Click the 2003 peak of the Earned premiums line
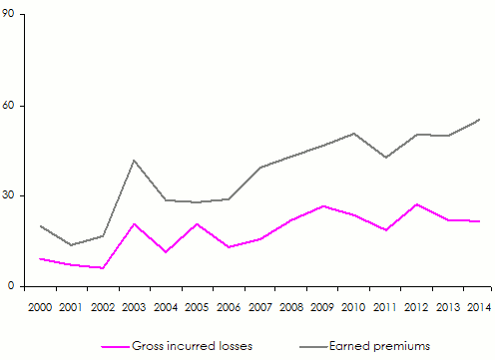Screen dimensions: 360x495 [134, 160]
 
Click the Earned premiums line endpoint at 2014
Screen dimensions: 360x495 [480, 120]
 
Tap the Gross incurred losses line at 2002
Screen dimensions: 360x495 [103, 268]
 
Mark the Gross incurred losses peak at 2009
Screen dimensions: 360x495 [322, 206]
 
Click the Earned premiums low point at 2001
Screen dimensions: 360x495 [71, 245]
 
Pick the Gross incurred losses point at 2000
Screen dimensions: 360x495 [40, 258]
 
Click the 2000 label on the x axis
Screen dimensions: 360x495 [40, 306]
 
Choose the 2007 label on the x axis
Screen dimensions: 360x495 [259, 306]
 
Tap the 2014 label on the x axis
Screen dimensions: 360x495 [480, 306]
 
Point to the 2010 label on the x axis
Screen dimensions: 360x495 [354, 306]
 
